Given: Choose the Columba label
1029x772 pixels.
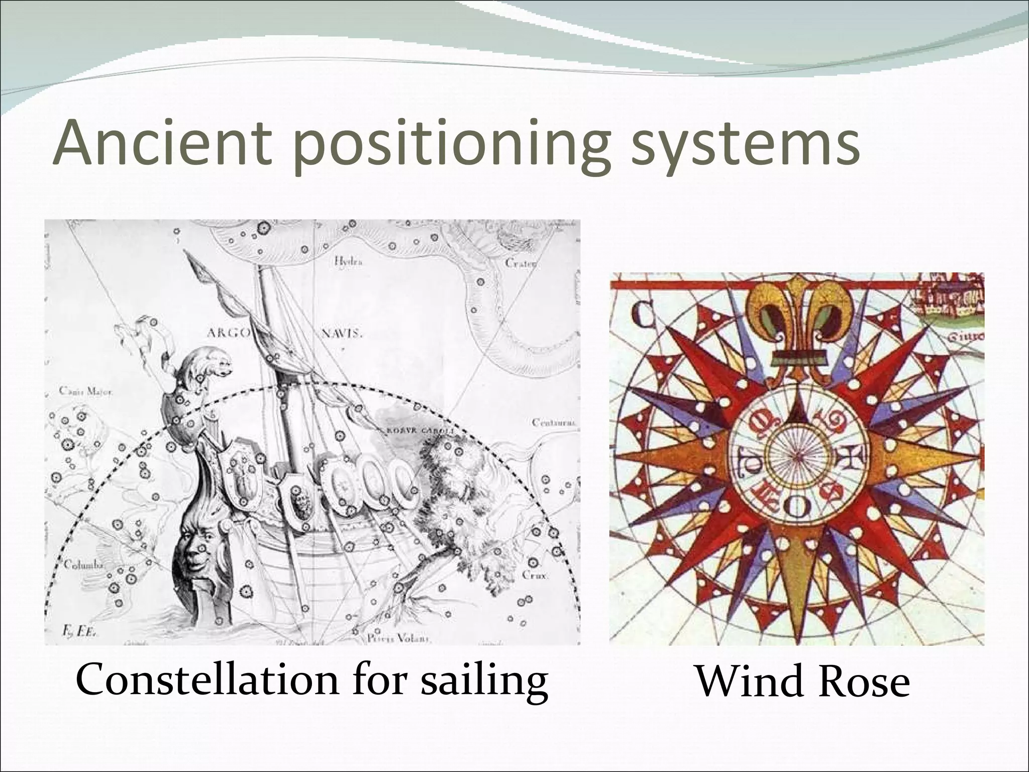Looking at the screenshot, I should tap(83, 565).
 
